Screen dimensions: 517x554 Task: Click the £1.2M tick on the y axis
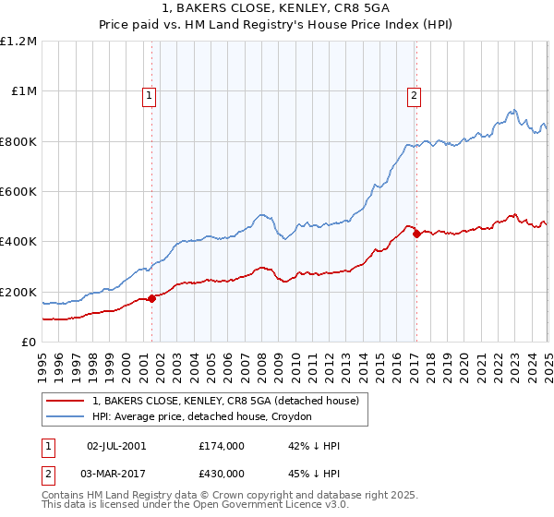tap(18, 42)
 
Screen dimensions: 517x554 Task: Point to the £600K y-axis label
tap(18, 192)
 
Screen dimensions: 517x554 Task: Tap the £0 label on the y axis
tap(29, 343)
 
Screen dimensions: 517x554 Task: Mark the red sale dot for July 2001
tap(152, 298)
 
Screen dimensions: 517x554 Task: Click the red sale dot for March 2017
tap(416, 234)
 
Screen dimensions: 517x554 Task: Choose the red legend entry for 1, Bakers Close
tap(230, 401)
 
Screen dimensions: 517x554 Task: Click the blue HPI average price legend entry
tap(202, 417)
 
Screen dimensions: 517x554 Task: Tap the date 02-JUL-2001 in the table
tap(115, 446)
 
